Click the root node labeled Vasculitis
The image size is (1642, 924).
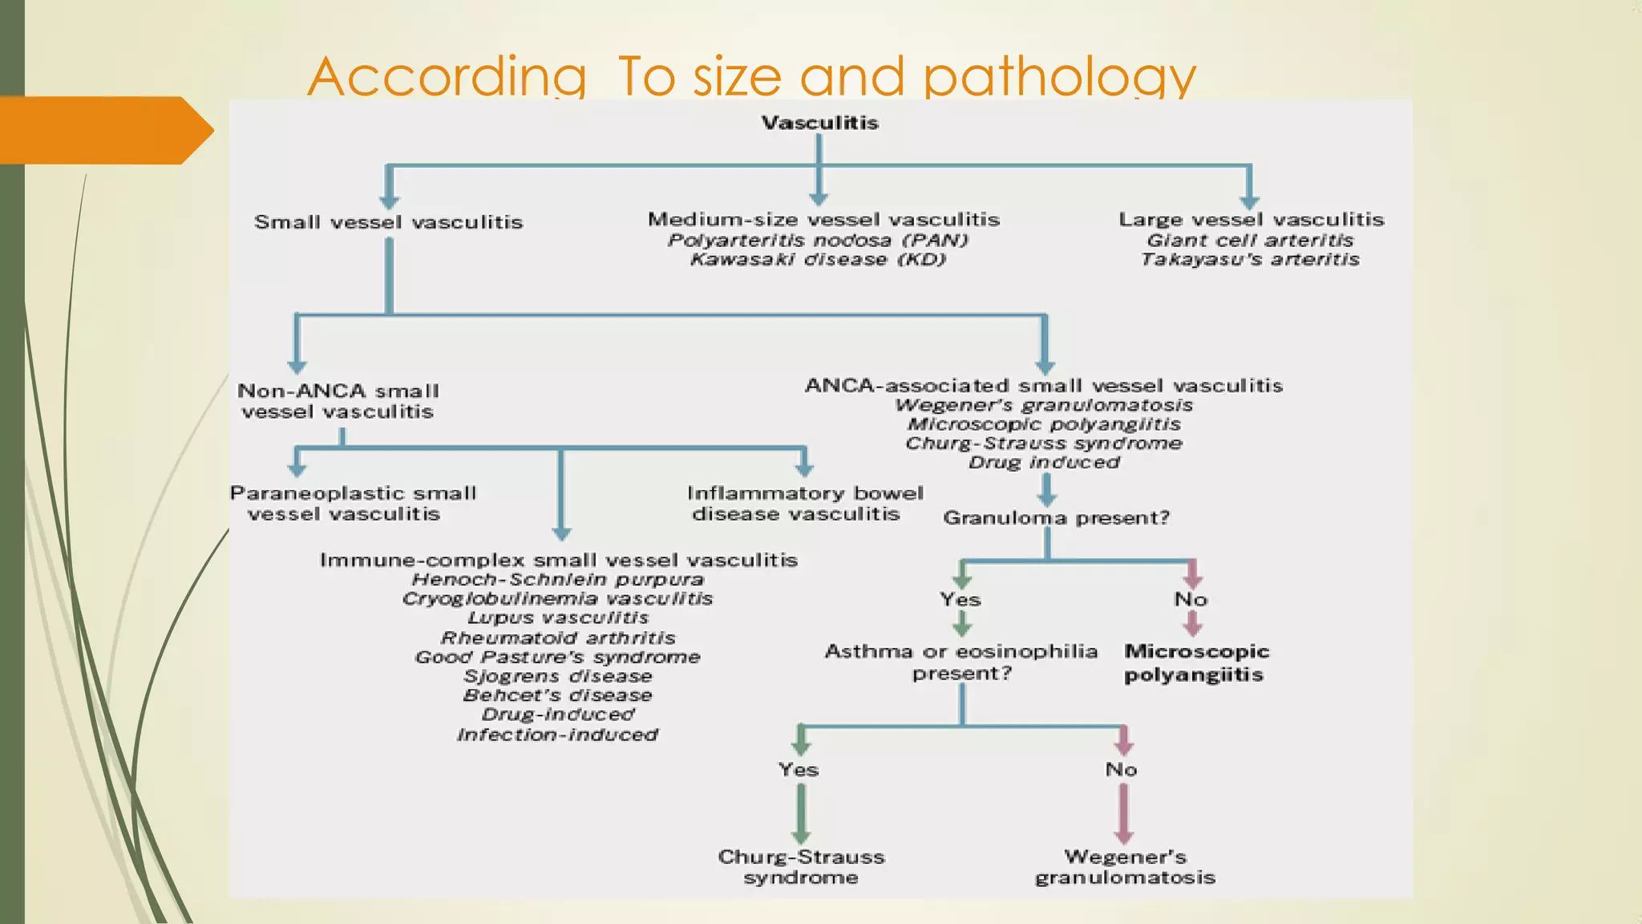[819, 123]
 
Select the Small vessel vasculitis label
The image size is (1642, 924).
[388, 222]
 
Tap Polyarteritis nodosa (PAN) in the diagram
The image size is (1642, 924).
[819, 240]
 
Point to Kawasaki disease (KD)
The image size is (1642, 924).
[819, 259]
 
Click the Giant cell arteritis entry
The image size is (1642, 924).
[1250, 240]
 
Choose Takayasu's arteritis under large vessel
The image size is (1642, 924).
[1250, 259]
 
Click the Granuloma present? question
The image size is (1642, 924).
[1056, 517]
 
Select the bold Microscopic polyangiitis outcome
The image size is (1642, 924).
[1195, 663]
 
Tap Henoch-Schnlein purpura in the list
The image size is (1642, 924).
[558, 579]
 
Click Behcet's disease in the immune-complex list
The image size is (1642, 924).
[558, 695]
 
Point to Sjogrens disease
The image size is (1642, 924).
[558, 676]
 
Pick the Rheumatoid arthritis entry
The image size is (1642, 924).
[558, 638]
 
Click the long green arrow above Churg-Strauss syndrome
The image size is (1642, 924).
[801, 812]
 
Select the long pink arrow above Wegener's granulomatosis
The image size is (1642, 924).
[1124, 812]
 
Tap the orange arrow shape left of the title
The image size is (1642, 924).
[104, 130]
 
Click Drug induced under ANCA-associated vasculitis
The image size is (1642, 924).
[1044, 462]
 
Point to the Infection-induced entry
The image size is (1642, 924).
[558, 734]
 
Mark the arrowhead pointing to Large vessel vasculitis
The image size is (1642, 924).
[1249, 201]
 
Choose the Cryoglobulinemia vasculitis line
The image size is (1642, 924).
[558, 598]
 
